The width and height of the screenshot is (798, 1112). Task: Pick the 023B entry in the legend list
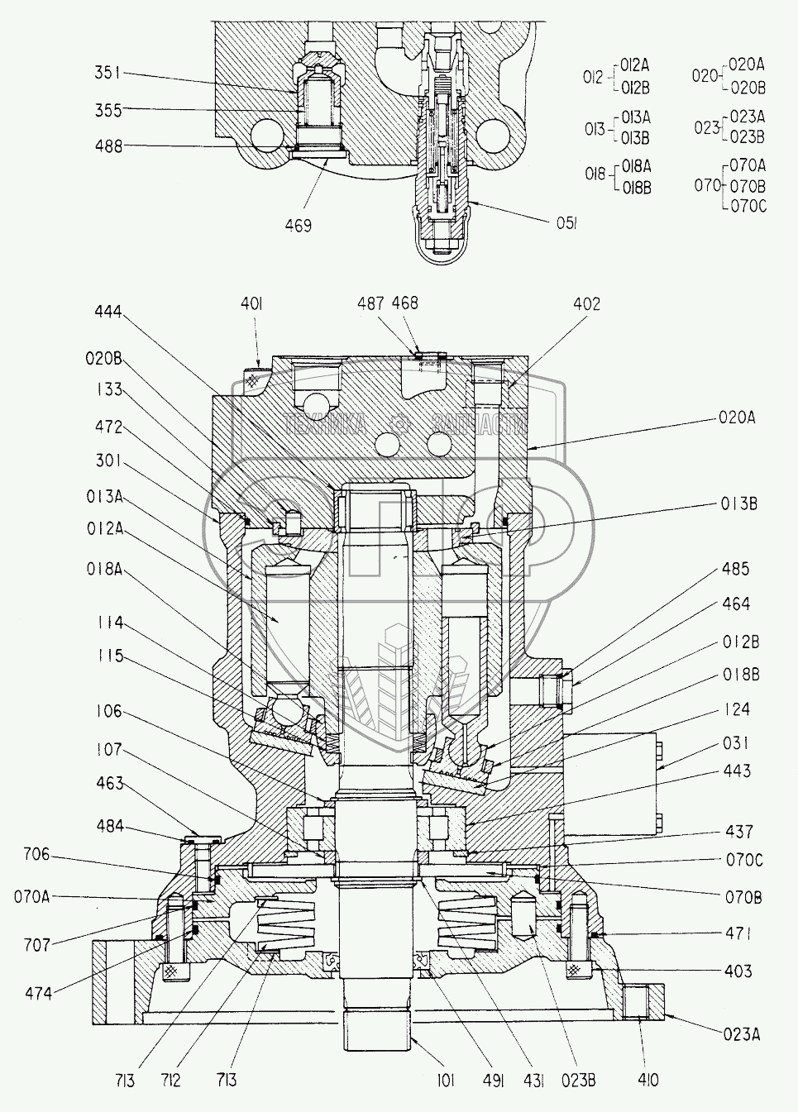pos(748,136)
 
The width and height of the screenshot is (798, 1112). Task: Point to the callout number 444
pos(108,312)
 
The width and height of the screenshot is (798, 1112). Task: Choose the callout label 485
pos(734,569)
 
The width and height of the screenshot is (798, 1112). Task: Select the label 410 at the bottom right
pos(649,1079)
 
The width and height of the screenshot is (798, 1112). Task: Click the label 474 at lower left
pos(38,993)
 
